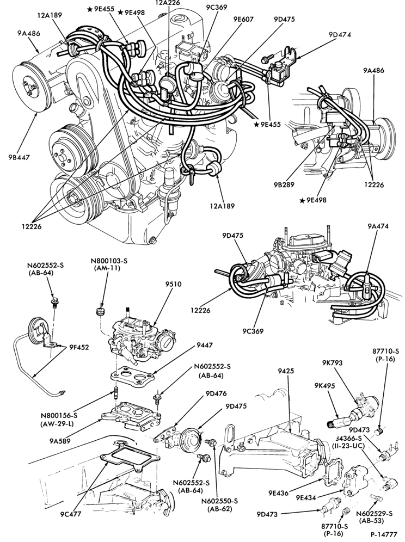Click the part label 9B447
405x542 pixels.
coord(20,157)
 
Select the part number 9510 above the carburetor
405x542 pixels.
coord(173,284)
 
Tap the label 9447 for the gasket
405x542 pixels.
coord(205,345)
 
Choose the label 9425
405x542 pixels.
coord(286,371)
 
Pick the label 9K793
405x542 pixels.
coord(333,362)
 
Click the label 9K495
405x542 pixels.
coord(325,386)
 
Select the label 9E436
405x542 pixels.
coord(278,493)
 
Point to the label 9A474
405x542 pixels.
coord(378,226)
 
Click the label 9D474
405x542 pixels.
coord(340,35)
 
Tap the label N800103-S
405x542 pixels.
coord(106,261)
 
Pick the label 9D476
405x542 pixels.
coord(216,393)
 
